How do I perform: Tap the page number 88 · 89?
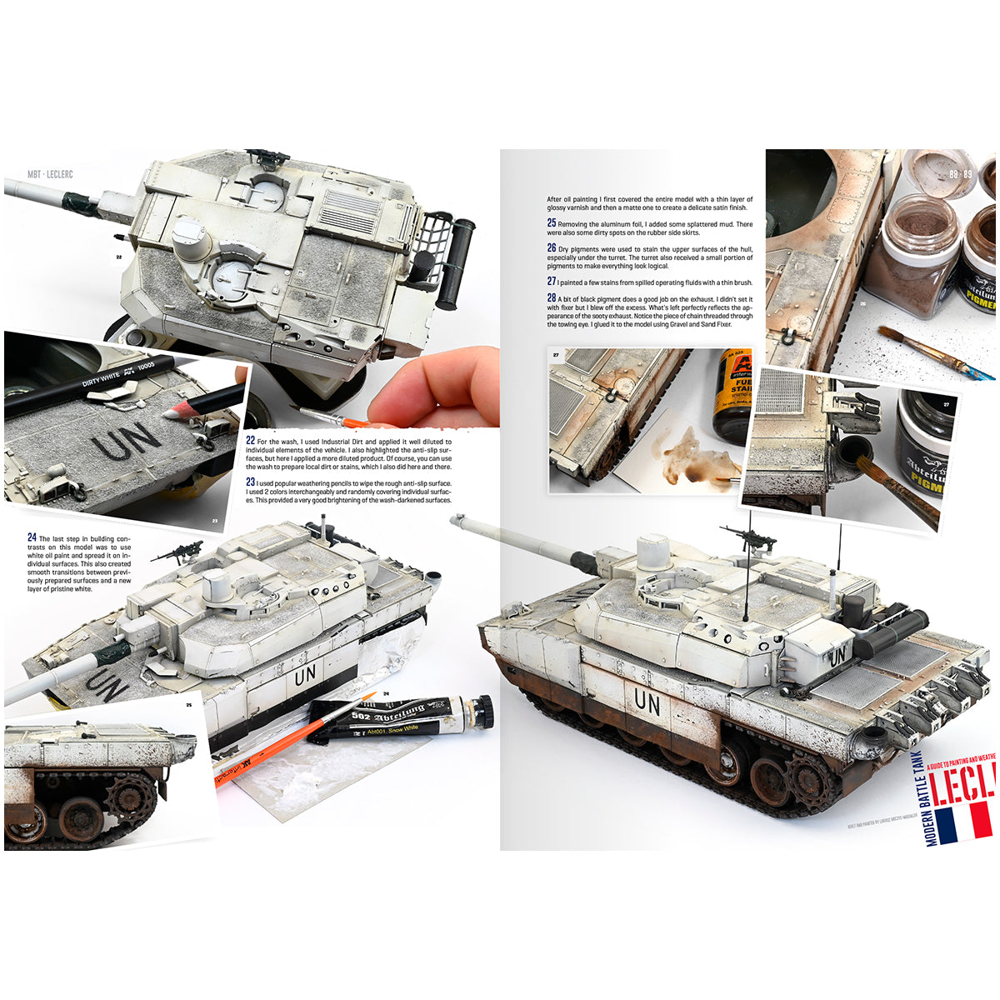click(x=960, y=174)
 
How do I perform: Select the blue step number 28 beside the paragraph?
click(x=552, y=297)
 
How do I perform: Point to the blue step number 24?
click(x=32, y=537)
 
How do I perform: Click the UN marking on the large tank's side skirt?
click(x=647, y=702)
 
